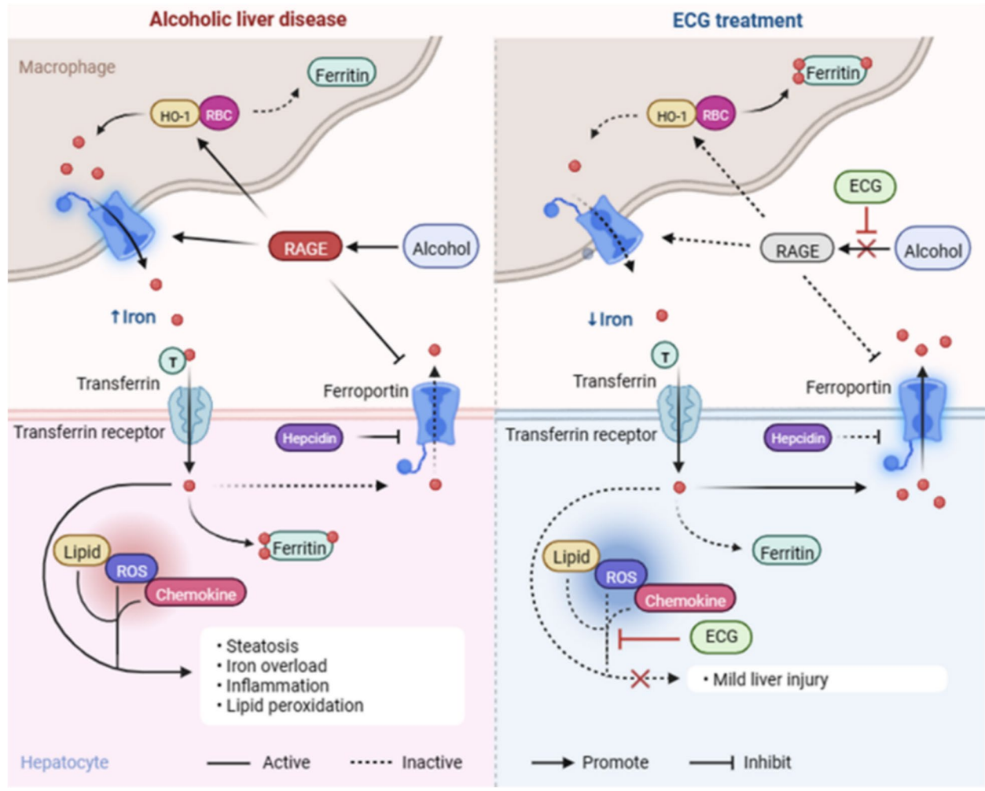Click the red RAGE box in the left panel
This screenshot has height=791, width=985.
[x=305, y=248]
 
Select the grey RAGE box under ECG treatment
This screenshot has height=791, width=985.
[x=797, y=251]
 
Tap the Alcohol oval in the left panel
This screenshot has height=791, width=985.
[x=441, y=248]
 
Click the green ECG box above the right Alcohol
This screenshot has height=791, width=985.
[x=865, y=186]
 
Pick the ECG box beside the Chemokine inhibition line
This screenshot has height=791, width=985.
[x=721, y=636]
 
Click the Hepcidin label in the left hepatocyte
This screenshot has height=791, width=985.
[x=309, y=438]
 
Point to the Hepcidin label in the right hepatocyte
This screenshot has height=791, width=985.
[x=797, y=438]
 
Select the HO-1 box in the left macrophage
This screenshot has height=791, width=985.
[x=175, y=116]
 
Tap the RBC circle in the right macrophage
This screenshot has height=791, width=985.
[x=715, y=115]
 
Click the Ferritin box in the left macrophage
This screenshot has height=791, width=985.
[x=341, y=75]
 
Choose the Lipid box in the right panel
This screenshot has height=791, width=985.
[x=571, y=557]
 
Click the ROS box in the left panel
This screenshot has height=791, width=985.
[x=131, y=571]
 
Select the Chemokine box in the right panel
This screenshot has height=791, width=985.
[x=685, y=600]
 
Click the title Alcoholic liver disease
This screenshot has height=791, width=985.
[x=248, y=19]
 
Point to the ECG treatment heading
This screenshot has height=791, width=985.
[x=737, y=20]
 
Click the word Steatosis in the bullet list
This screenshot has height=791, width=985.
[x=262, y=646]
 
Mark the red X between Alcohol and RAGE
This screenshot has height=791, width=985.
[x=866, y=249]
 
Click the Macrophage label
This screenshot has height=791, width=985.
[x=67, y=67]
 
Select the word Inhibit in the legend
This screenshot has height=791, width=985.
[x=766, y=762]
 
